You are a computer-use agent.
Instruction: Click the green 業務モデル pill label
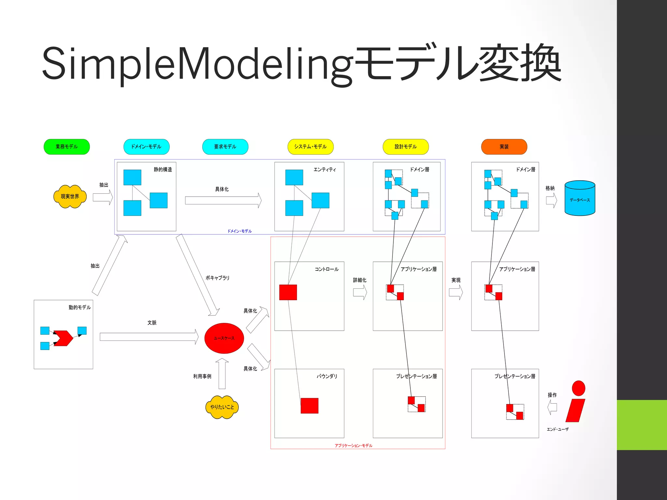[66, 146]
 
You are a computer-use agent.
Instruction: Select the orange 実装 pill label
[504, 146]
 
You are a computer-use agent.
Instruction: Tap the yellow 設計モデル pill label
[405, 146]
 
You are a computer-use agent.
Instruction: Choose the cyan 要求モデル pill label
[225, 146]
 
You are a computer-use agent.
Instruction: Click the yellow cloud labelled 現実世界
[70, 196]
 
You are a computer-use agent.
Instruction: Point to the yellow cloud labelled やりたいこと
[222, 407]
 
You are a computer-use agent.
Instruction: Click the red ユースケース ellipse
[224, 338]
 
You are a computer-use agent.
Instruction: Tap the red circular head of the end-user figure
[578, 388]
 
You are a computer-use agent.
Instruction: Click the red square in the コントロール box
[288, 292]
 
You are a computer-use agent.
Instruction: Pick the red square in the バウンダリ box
[309, 406]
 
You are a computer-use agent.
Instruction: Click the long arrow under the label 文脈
[149, 337]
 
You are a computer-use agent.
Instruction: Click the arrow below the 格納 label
[551, 201]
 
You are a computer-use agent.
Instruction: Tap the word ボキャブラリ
[217, 278]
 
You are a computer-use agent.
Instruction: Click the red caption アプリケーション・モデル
[353, 446]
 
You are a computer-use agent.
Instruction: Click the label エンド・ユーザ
[558, 429]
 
